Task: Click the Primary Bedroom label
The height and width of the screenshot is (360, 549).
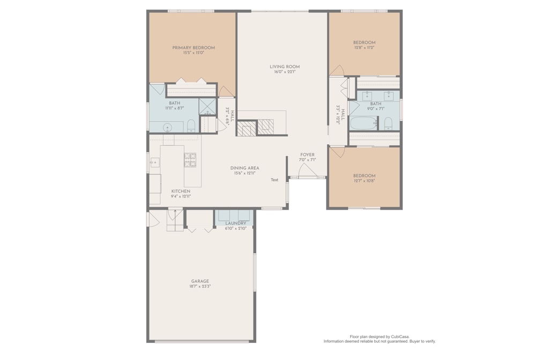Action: (x=193, y=48)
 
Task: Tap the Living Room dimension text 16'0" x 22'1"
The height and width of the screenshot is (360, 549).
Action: (x=285, y=72)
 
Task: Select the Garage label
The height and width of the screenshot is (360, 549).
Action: (x=200, y=281)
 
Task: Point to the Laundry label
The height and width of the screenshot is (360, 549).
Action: (x=236, y=223)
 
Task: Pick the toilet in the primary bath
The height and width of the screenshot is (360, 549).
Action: (x=191, y=126)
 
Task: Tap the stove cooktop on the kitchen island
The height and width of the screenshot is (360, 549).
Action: (x=190, y=160)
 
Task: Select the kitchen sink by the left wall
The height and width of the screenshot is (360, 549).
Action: (x=154, y=163)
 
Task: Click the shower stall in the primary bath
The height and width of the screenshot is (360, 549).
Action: (x=207, y=107)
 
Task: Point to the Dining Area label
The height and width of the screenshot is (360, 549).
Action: (x=244, y=168)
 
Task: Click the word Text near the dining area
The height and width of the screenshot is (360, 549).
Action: (x=274, y=180)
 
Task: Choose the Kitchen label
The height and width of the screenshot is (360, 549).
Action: (x=181, y=192)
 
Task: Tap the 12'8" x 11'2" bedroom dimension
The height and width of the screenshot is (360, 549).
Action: (x=365, y=48)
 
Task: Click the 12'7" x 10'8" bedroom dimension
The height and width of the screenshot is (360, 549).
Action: (x=364, y=181)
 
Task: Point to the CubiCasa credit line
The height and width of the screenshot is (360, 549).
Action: (x=380, y=336)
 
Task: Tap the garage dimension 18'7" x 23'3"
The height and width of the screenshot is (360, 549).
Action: (x=200, y=286)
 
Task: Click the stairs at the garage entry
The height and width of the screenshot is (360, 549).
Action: (x=175, y=220)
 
